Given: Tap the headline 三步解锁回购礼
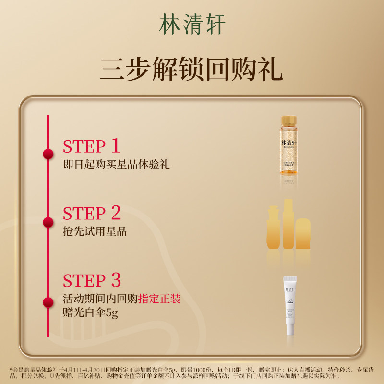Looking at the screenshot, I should coord(192,70).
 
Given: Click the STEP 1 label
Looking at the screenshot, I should coord(91,146).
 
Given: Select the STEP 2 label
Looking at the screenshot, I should coord(92,214).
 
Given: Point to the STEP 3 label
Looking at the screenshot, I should coord(92,281).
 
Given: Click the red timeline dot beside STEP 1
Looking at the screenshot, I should coord(48,154).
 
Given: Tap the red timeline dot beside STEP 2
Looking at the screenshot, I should coord(48,222).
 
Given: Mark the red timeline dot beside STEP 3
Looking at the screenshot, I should coord(48,302).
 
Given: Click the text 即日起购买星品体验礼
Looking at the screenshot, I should coord(117,165).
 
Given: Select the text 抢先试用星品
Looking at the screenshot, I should coord(95,232).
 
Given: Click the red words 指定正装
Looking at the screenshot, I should coord(159,299).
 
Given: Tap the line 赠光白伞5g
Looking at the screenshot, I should coord(90,313).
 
